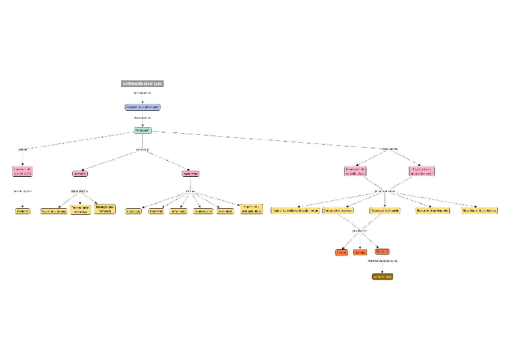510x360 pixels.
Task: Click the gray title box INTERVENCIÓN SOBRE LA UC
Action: [x=143, y=84]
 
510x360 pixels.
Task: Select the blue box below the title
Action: [x=143, y=107]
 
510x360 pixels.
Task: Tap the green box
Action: [x=143, y=130]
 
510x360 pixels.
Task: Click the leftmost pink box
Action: [x=22, y=171]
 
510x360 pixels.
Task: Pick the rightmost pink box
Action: [x=422, y=171]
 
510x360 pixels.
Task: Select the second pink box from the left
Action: [x=80, y=174]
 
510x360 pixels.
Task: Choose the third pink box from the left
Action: [x=191, y=174]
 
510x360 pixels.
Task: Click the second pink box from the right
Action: [x=355, y=171]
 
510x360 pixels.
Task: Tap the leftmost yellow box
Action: [x=22, y=211]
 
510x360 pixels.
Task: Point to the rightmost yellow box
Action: [x=479, y=211]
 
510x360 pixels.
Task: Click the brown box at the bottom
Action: [x=382, y=276]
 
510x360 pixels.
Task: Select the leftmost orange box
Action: [x=342, y=252]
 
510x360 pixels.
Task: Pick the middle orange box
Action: [x=360, y=252]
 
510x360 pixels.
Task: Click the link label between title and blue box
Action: [x=143, y=93]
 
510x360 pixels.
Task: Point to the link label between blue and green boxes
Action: [x=143, y=118]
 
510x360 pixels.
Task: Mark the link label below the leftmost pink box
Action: [x=22, y=191]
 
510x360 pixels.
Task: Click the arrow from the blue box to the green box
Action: [x=143, y=124]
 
